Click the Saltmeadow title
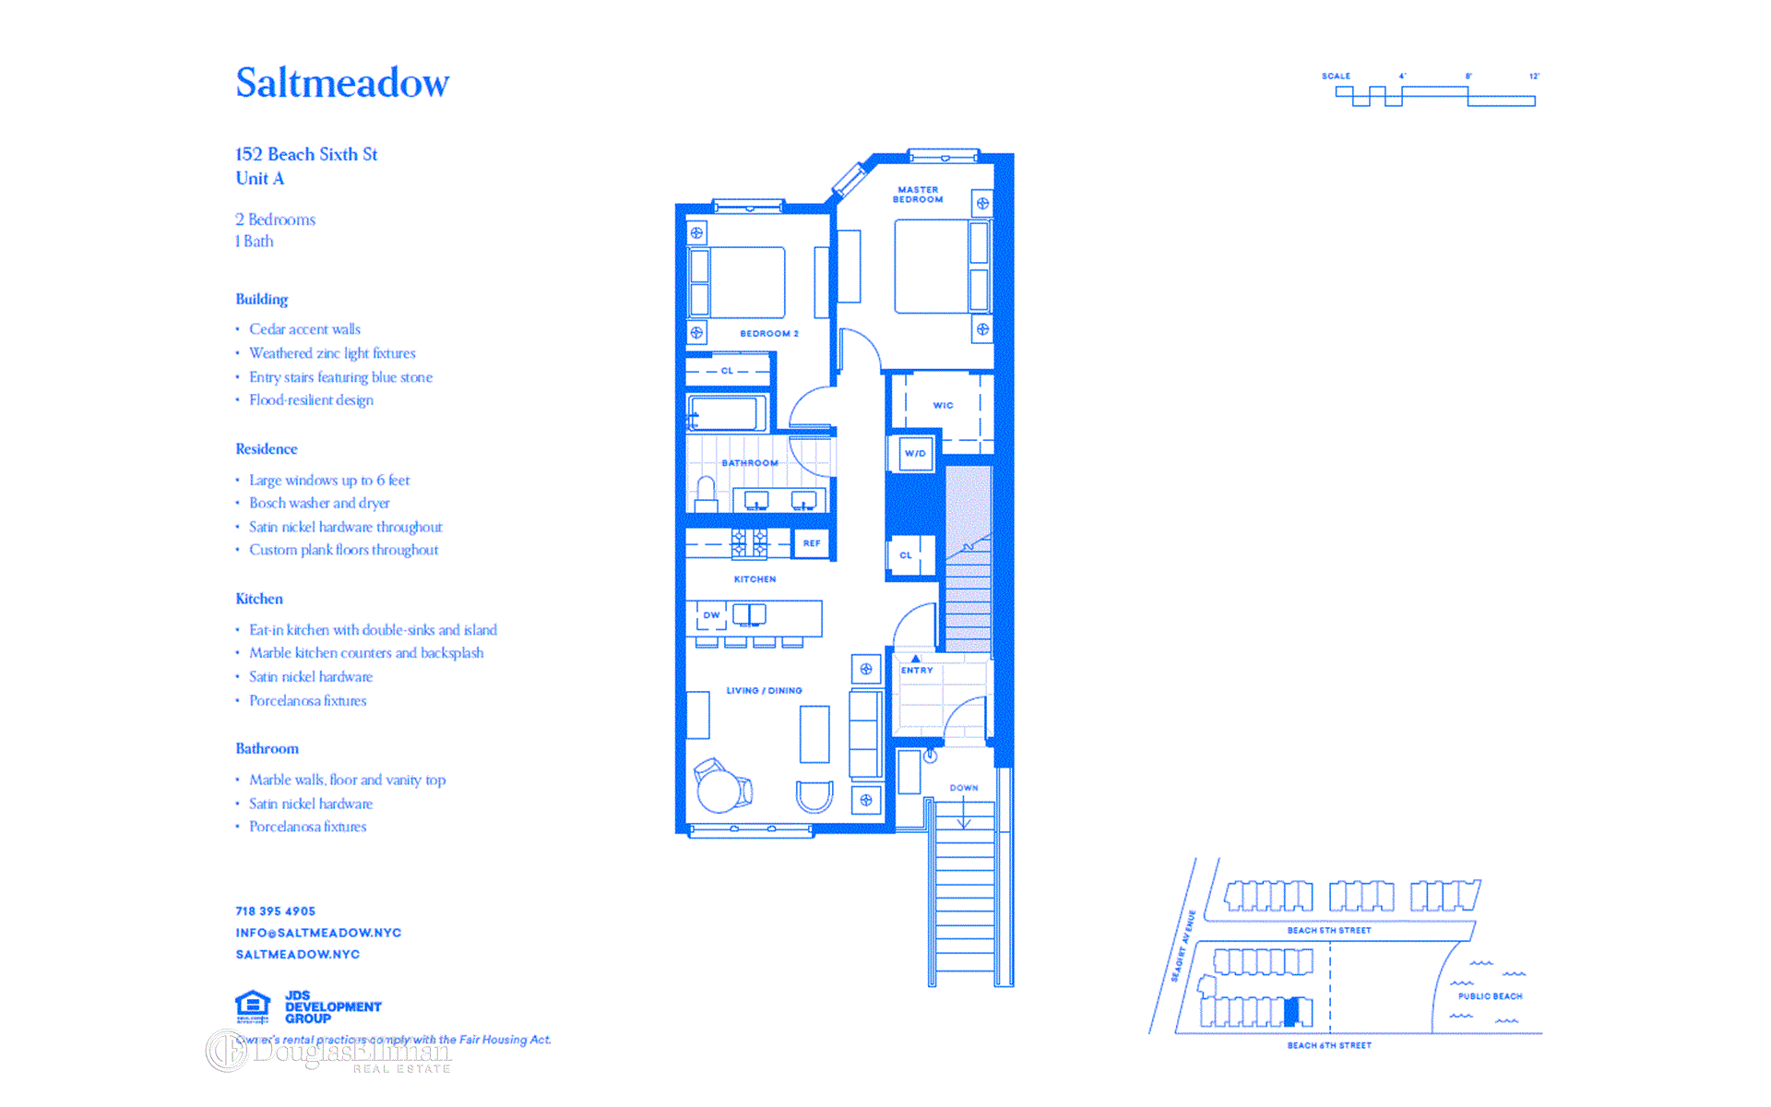click(342, 83)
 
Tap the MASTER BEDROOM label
click(918, 195)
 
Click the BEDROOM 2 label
click(769, 334)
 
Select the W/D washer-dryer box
click(915, 454)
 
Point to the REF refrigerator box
click(812, 543)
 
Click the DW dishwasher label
click(711, 615)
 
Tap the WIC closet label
click(943, 406)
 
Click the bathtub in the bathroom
click(728, 413)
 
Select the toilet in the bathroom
click(707, 493)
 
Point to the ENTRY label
click(917, 671)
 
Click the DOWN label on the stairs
click(964, 788)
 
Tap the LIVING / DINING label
click(764, 691)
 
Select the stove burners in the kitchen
click(749, 543)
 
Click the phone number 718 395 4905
click(275, 911)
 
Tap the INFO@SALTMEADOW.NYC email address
click(318, 933)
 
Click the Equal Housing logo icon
click(253, 1006)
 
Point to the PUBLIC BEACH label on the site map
click(1490, 996)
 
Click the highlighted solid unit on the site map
click(1292, 1012)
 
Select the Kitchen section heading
click(259, 600)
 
